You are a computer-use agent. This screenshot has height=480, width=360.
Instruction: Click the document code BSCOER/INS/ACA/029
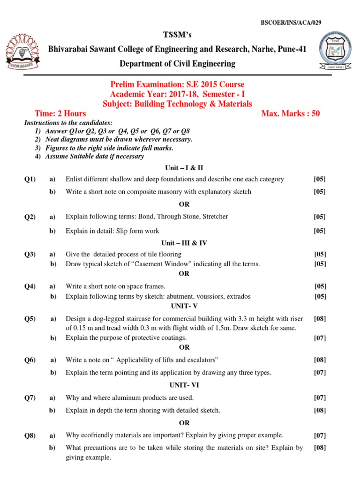click(x=291, y=22)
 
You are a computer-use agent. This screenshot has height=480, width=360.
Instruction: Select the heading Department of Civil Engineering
click(x=178, y=64)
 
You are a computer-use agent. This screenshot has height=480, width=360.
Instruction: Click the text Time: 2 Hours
click(x=60, y=113)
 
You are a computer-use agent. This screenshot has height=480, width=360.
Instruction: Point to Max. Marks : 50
click(x=291, y=113)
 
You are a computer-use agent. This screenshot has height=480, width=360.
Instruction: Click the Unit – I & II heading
click(x=184, y=167)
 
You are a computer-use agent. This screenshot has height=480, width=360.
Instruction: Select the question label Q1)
click(x=30, y=179)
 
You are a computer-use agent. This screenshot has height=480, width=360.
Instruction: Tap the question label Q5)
click(x=30, y=319)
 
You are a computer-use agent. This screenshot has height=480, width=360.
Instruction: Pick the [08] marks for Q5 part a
click(x=320, y=319)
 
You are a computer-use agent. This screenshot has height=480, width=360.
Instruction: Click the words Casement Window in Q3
click(x=162, y=264)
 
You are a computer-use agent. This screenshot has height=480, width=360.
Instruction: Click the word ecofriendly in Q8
click(x=98, y=435)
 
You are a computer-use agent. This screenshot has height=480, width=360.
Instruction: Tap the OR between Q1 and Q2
click(x=184, y=204)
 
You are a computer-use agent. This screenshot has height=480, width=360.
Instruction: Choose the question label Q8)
click(x=30, y=435)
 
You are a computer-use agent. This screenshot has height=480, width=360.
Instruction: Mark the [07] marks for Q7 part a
click(x=320, y=397)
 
